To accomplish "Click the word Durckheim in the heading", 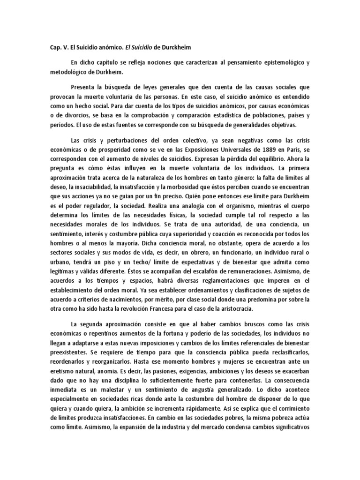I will pyautogui.click(x=174, y=47).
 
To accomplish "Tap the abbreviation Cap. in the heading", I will pyautogui.click(x=56, y=47).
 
